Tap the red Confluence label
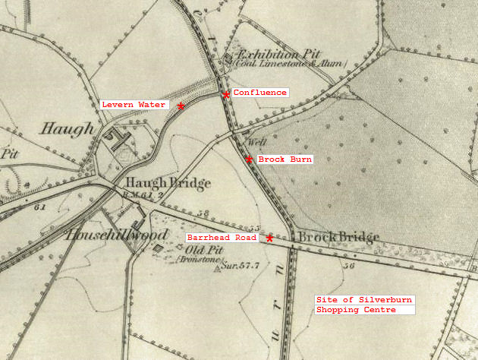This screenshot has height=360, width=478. point(260,93)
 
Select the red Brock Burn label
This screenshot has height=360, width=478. point(285,159)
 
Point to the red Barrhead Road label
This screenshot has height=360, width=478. point(222,238)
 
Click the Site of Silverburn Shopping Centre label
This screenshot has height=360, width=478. point(364,305)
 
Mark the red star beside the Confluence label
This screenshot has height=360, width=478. point(226,94)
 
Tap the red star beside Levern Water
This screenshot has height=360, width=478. point(181,106)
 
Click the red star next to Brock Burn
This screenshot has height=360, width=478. point(249,159)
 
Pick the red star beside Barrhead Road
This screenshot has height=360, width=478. point(269,238)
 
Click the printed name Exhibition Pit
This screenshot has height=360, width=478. point(275,55)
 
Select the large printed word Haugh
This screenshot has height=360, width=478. point(67,129)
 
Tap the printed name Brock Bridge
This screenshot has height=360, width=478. point(338,238)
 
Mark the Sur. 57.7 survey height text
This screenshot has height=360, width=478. point(240,267)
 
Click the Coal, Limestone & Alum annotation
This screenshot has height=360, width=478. point(278,65)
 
